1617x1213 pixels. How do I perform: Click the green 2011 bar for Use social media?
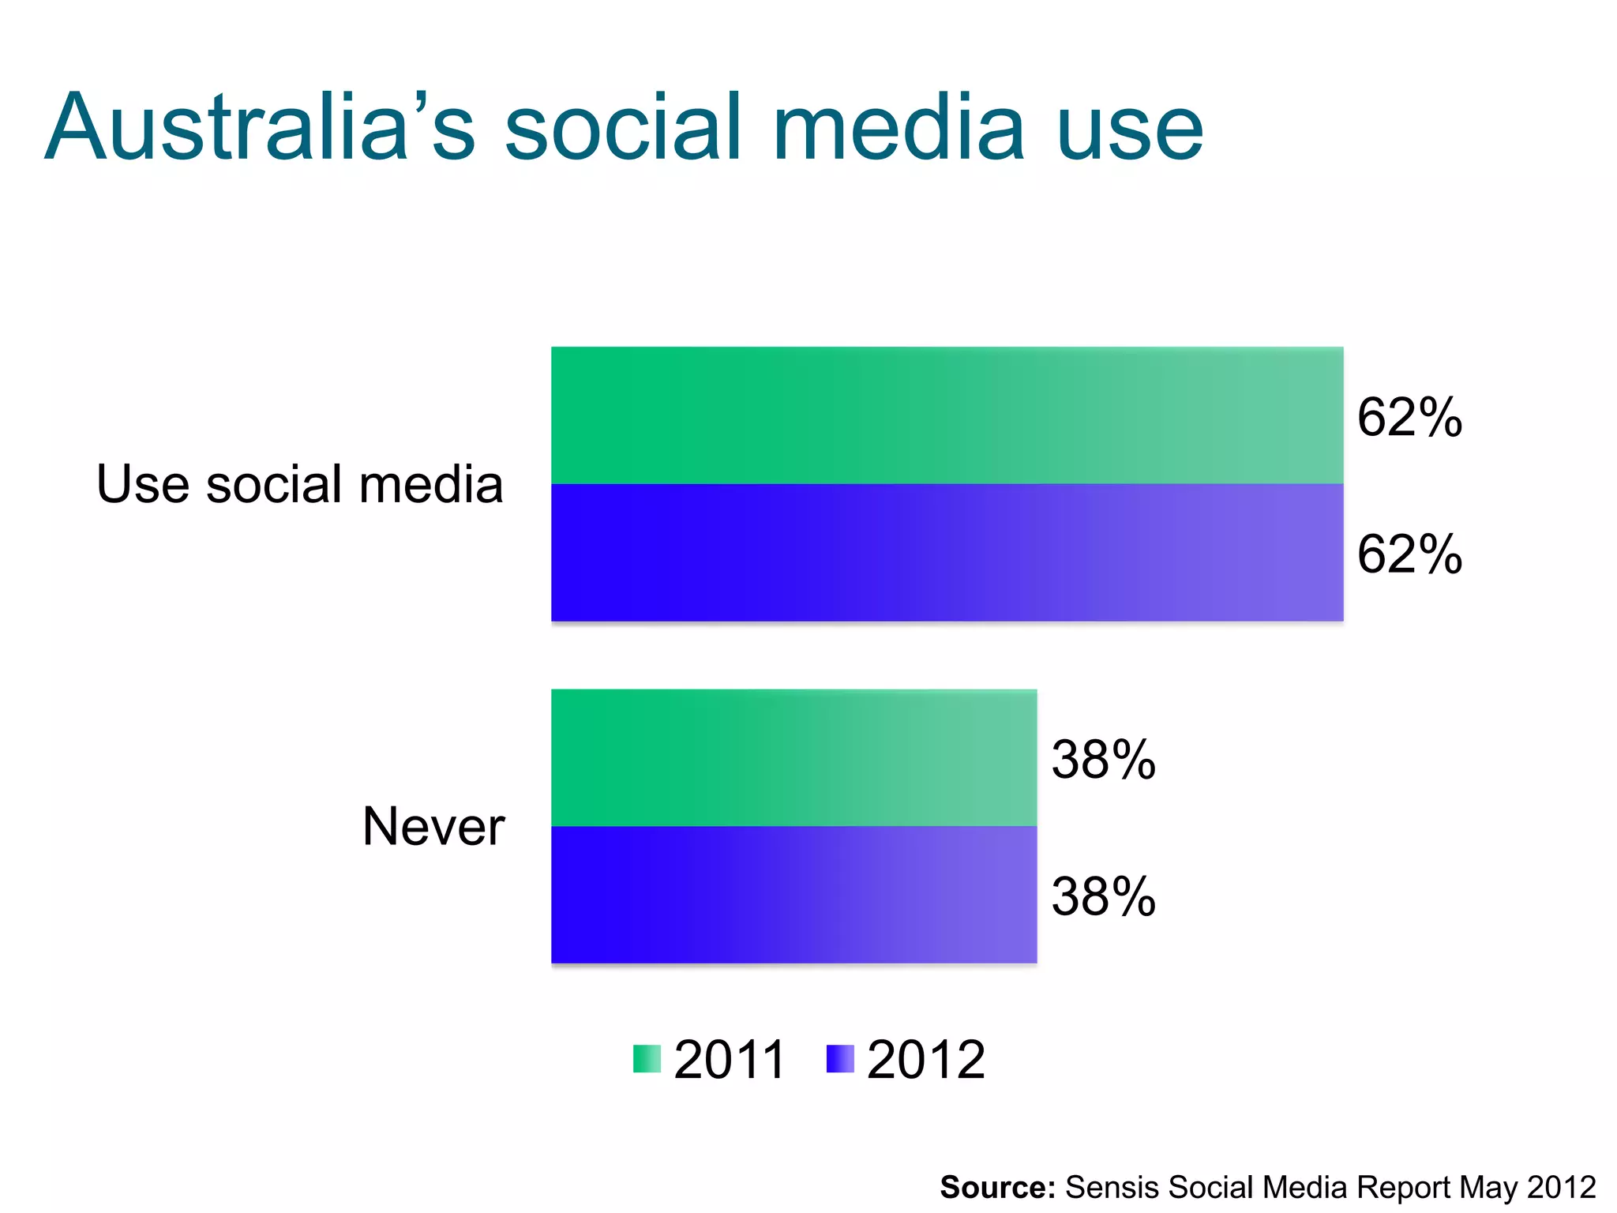pyautogui.click(x=947, y=415)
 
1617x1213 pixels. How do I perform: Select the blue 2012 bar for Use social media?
pyautogui.click(x=947, y=553)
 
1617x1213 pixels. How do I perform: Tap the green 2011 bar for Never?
pyautogui.click(x=793, y=758)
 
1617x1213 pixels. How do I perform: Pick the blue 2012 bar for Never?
pyautogui.click(x=793, y=895)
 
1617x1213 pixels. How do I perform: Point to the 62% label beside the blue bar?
pyautogui.click(x=1409, y=554)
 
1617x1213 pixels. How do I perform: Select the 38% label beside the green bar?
pyautogui.click(x=1103, y=760)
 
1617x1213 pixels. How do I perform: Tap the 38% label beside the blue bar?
pyautogui.click(x=1103, y=897)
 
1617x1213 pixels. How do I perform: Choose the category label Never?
pyautogui.click(x=433, y=827)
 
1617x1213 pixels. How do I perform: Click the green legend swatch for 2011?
pyautogui.click(x=647, y=1059)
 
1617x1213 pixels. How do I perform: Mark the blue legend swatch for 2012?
pyautogui.click(x=840, y=1059)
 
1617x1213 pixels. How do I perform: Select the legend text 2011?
pyautogui.click(x=730, y=1060)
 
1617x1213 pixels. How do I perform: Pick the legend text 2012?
pyautogui.click(x=925, y=1060)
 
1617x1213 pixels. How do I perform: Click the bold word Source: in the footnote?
pyautogui.click(x=997, y=1187)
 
